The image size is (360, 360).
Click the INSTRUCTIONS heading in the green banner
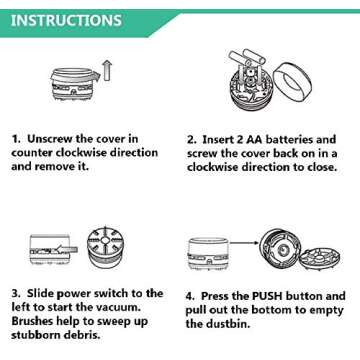(66, 20)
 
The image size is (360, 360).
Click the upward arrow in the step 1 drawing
(107, 71)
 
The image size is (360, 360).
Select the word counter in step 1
(32, 153)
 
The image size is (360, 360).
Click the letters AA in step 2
(254, 139)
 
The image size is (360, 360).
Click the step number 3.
(16, 294)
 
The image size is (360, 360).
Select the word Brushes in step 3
(33, 321)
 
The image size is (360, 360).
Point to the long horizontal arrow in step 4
(244, 242)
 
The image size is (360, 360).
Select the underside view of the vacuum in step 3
(105, 247)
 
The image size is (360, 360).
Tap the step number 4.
(190, 296)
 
